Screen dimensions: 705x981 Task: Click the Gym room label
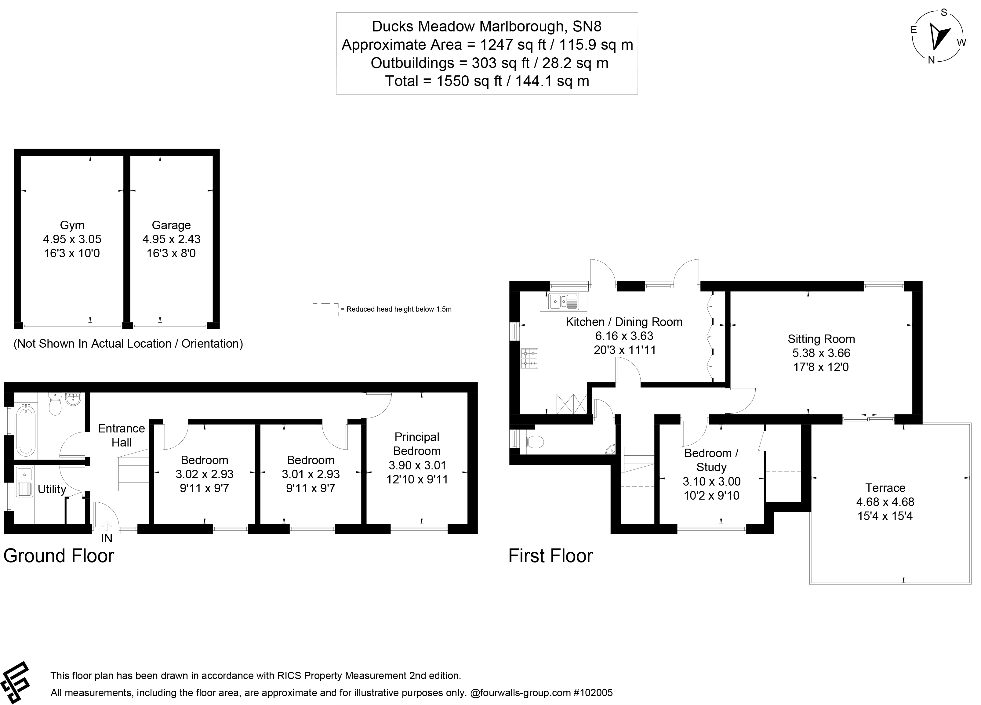click(x=72, y=225)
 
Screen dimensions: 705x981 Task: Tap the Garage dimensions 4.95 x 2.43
click(x=171, y=239)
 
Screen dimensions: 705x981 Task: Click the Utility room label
click(x=52, y=489)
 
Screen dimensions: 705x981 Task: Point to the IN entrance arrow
click(x=106, y=526)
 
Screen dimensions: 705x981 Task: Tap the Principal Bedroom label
click(x=416, y=444)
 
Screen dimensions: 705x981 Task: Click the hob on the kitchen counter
click(x=529, y=358)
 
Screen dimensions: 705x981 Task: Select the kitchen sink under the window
click(x=564, y=301)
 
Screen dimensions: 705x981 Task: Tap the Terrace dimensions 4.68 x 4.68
click(x=885, y=502)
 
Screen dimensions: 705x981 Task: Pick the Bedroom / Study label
click(x=711, y=460)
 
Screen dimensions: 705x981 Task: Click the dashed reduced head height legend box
click(x=325, y=309)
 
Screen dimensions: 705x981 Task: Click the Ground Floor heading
click(x=59, y=556)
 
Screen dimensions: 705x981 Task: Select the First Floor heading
click(x=550, y=556)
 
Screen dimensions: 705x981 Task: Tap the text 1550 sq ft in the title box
click(x=469, y=81)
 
